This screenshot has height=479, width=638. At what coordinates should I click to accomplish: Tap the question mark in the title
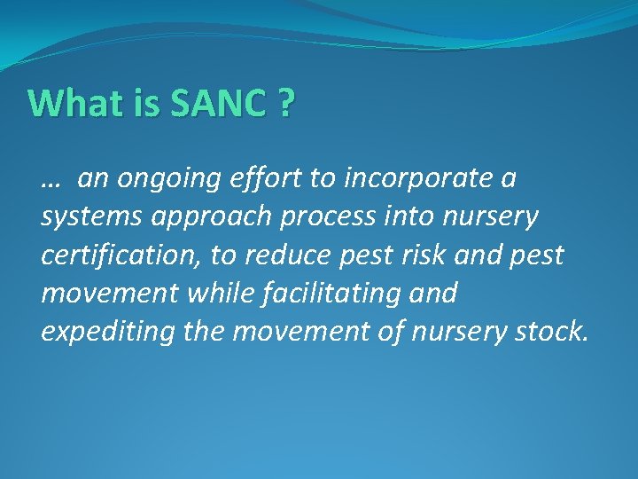point(285,104)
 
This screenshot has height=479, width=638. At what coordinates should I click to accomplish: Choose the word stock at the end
point(555,330)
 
